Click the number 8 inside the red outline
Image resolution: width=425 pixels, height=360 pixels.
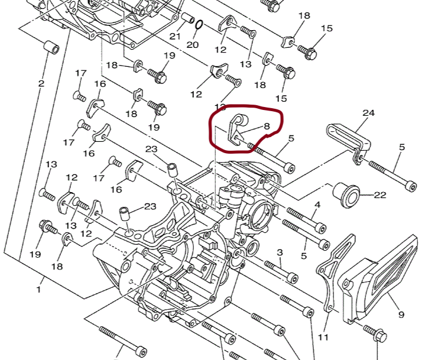(x=267, y=126)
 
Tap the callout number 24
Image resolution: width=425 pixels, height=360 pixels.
(x=369, y=113)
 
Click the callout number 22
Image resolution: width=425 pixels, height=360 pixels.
(x=379, y=195)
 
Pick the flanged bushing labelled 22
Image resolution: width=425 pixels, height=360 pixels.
(x=346, y=195)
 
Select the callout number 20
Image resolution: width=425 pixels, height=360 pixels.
(x=193, y=45)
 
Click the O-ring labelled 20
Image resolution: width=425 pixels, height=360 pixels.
(x=199, y=25)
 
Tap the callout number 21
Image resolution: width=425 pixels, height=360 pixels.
(x=175, y=36)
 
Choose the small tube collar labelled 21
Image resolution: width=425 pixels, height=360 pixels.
(x=187, y=18)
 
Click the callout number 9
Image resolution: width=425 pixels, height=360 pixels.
(x=401, y=314)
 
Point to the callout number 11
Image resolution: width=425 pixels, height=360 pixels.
(x=323, y=337)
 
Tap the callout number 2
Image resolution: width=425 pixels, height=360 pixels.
(x=41, y=83)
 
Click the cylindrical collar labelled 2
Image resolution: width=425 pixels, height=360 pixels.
(x=51, y=47)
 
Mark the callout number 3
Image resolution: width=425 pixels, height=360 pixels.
(x=280, y=252)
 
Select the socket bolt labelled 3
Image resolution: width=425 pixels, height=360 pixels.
(x=281, y=272)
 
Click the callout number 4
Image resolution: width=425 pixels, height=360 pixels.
(x=317, y=205)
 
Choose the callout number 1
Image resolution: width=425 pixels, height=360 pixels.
(x=39, y=289)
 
